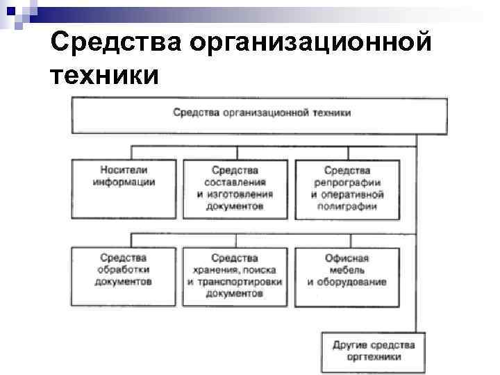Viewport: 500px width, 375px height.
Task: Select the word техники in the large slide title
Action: (105, 74)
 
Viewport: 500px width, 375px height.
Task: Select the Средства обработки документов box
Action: (124, 276)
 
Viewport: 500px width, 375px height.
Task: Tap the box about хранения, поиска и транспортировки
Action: (235, 276)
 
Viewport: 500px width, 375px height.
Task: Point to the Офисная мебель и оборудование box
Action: (347, 276)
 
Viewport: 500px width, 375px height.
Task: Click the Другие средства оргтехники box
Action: (373, 351)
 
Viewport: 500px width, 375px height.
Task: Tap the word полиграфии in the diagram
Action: (347, 206)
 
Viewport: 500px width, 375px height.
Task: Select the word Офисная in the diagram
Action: (347, 258)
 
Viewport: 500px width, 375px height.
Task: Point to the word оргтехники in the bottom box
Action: (374, 357)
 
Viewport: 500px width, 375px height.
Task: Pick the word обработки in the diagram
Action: (124, 270)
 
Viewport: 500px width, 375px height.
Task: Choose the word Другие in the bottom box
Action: (349, 345)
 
